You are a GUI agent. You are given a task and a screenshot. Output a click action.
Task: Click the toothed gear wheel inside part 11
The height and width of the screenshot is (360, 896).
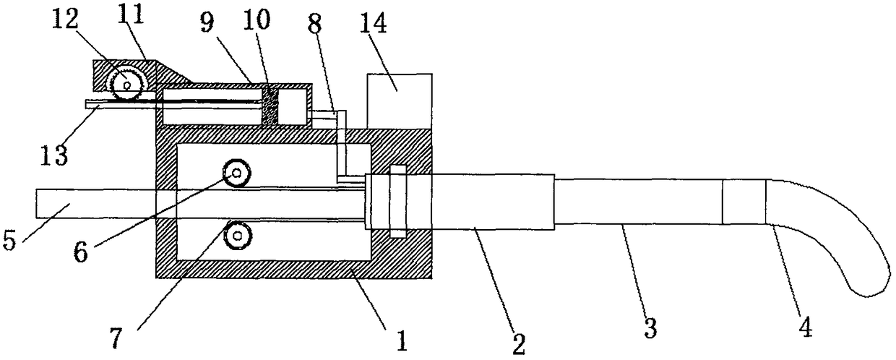coord(127,85)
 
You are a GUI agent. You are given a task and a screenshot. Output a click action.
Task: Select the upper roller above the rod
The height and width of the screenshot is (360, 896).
coord(237,173)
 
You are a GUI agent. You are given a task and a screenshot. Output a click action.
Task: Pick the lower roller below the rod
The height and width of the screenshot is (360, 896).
coord(237,235)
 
